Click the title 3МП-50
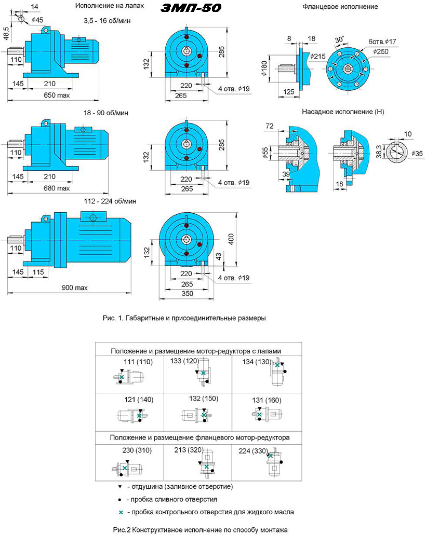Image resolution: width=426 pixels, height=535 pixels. click(191, 7)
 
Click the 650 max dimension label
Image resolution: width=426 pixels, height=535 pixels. click(57, 95)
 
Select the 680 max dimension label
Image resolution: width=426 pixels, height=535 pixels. click(57, 188)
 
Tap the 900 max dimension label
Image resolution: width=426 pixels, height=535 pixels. click(74, 287)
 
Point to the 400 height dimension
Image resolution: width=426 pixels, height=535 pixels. click(231, 239)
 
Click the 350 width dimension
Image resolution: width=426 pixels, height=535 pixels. click(187, 293)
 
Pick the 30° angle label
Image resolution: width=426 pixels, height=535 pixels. click(339, 39)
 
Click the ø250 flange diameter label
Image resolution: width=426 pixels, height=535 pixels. click(381, 51)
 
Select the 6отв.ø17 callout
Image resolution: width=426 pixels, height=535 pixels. click(382, 42)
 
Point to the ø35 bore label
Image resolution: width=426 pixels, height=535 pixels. click(417, 154)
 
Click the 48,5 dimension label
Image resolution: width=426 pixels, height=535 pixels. click(6, 33)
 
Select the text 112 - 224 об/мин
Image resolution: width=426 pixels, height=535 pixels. click(110, 201)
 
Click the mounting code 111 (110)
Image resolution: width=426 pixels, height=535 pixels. click(138, 362)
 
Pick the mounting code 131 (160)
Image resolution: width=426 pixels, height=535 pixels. click(267, 400)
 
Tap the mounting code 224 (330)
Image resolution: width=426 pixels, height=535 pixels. click(253, 451)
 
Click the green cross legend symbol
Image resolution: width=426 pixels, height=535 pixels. click(121, 512)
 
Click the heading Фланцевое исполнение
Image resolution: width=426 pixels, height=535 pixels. click(340, 6)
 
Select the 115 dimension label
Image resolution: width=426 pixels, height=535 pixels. click(38, 272)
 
